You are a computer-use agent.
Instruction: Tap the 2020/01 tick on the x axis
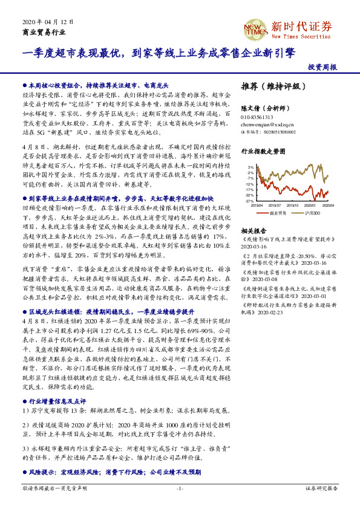(310, 205)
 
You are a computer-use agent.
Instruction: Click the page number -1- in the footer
(180, 488)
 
